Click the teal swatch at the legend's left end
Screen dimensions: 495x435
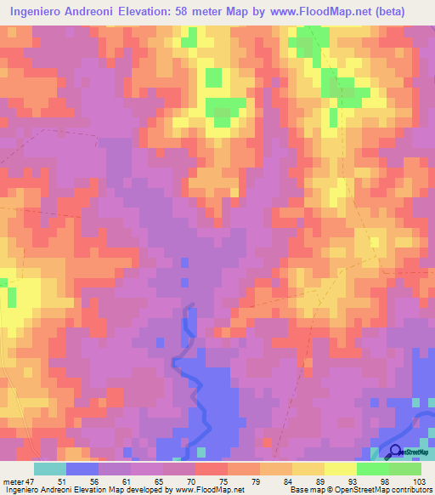[x=50, y=469]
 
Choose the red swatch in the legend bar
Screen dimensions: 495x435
[x=212, y=469]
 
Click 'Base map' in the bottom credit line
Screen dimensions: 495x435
[x=303, y=490]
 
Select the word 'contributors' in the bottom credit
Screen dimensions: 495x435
[x=410, y=490]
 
